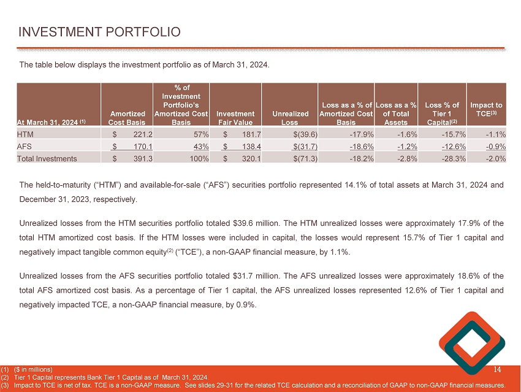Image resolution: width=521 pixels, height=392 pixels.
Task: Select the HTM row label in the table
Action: click(x=26, y=133)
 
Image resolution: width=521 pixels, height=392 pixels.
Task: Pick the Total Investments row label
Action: click(x=47, y=158)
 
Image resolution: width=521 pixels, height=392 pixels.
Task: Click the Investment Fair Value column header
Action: click(x=235, y=118)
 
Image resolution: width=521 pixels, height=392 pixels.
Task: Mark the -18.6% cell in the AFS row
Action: click(x=361, y=145)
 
